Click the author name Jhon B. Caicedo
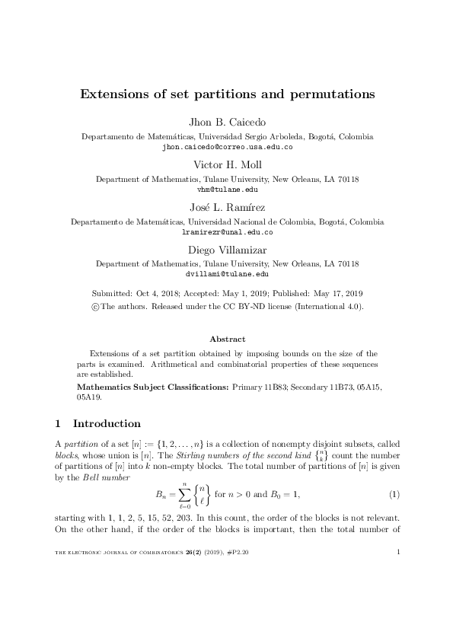227,123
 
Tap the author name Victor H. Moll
227,164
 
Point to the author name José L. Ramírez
227,207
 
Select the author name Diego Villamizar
227,249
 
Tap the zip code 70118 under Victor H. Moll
346,179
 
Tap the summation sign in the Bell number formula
185,495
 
